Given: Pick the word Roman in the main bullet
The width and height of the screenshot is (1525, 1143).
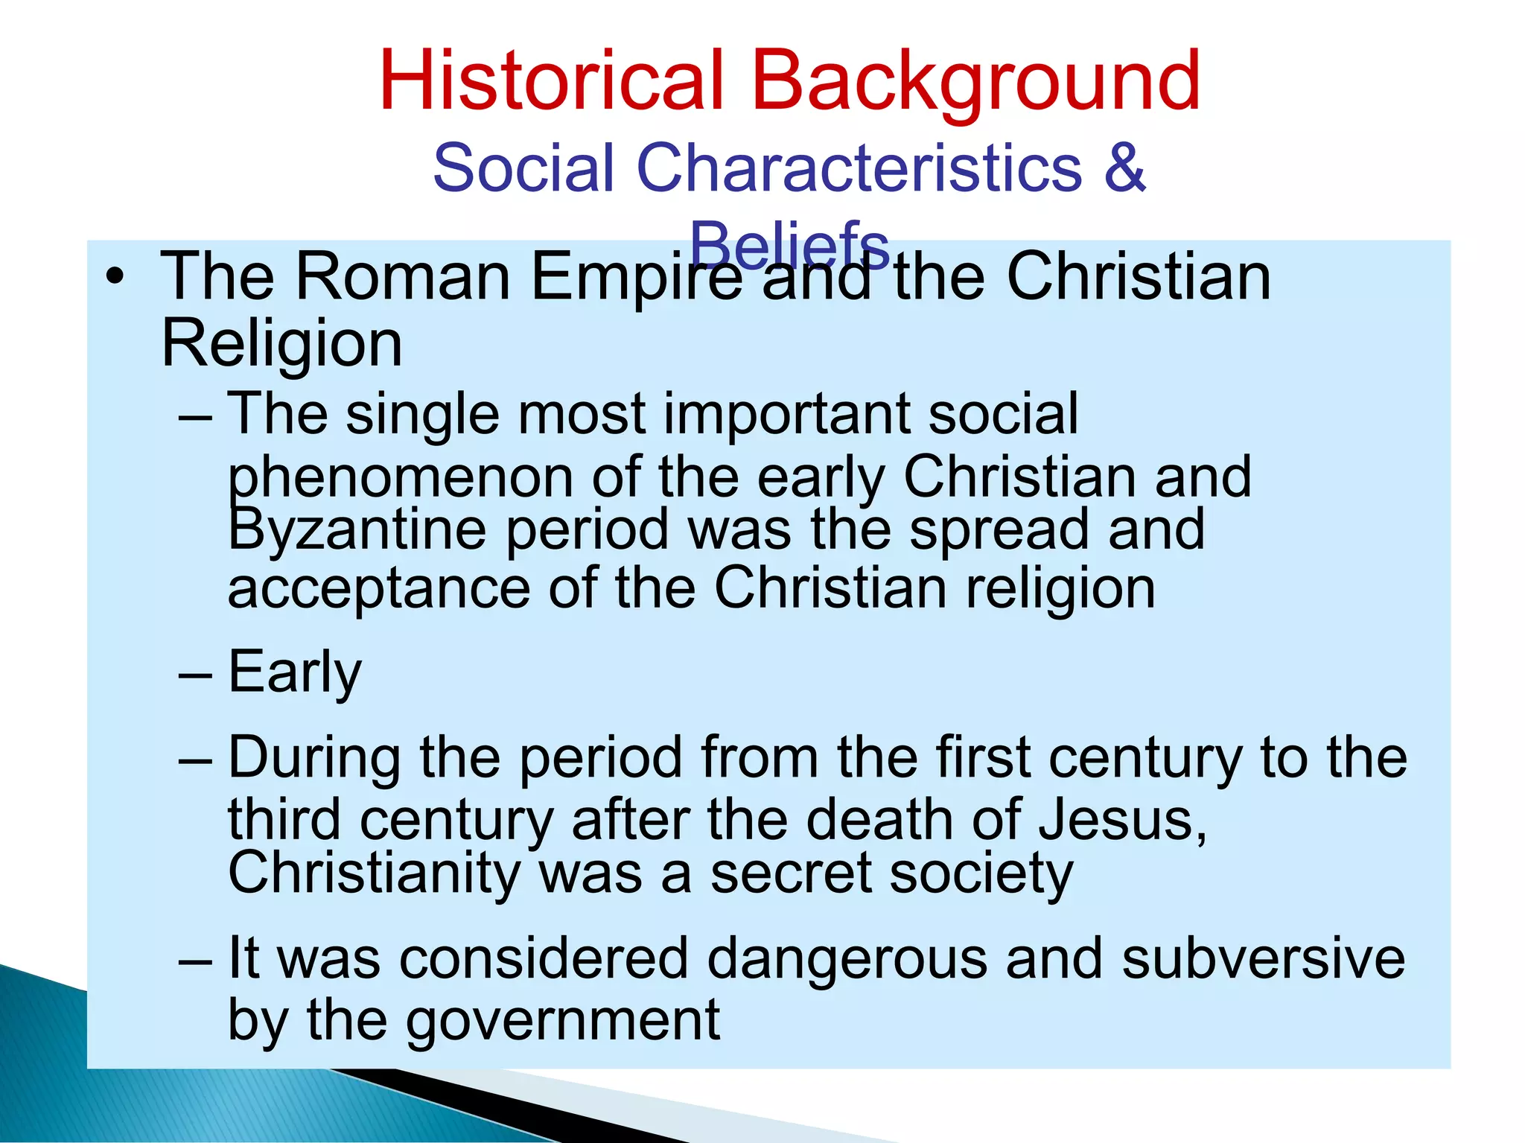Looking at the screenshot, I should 402,277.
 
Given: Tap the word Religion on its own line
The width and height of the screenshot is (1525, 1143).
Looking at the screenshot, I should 281,344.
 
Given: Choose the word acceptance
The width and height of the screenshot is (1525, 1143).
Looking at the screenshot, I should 378,588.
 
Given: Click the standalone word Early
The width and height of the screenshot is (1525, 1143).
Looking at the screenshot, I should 295,672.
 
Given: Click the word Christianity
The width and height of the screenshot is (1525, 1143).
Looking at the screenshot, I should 374,873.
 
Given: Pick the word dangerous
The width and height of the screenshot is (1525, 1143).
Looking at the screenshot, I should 846,958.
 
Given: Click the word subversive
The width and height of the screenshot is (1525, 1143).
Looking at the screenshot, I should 1263,958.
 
